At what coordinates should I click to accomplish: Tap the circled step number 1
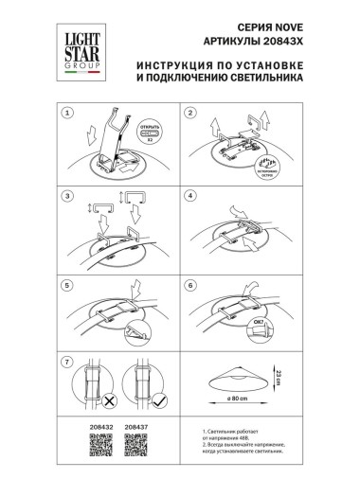[x=67, y=114]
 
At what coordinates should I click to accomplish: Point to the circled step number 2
[x=190, y=114]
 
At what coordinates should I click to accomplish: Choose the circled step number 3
[x=67, y=197]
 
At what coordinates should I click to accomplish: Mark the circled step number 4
[x=190, y=197]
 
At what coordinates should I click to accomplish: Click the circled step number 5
[x=67, y=281]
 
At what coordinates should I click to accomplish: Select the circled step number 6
[x=190, y=281]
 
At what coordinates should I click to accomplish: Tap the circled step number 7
[x=67, y=364]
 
